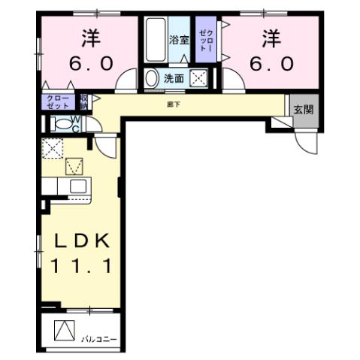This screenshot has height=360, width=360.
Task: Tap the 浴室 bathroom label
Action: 178,40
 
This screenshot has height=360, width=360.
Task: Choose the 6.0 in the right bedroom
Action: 269,64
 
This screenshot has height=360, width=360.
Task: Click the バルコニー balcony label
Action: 100,339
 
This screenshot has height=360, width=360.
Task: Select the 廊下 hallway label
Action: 174,104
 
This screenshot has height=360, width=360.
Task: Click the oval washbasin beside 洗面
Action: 153,78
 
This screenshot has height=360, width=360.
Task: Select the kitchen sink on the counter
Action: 77,186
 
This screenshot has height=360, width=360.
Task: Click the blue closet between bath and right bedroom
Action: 204,41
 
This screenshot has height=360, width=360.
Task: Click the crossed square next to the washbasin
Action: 199,77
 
